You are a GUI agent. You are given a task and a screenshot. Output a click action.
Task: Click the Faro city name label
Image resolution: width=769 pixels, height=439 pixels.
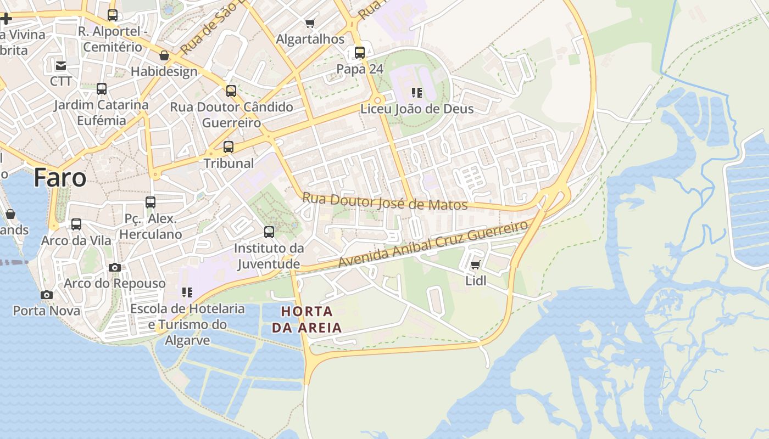coord(60,178)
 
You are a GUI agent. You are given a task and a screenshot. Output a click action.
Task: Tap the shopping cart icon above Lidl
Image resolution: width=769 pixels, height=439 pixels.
coord(476,264)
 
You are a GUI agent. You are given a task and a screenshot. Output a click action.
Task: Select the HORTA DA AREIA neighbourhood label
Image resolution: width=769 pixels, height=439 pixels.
coord(307,319)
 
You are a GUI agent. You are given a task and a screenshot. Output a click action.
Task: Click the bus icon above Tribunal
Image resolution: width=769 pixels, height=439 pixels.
coord(229,147)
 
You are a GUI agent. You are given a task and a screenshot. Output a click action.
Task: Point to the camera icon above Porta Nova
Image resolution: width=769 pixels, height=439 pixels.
coord(47,295)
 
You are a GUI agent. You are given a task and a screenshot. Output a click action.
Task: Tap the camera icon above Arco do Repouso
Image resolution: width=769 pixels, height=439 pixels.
coord(115,267)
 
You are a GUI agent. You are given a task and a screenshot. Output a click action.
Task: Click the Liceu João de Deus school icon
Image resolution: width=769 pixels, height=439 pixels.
coord(417,92)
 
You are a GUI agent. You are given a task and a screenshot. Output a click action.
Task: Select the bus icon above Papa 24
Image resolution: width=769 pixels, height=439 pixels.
coord(360,53)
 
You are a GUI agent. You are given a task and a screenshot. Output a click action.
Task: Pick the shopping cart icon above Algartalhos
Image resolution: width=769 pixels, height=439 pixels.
coord(310,23)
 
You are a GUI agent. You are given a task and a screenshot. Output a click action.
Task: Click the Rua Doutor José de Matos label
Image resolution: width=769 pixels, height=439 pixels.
coord(384,201)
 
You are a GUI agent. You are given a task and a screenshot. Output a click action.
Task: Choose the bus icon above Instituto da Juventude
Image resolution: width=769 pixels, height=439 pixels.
coord(269,232)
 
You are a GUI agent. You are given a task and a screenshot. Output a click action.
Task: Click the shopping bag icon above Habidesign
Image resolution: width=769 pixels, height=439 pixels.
coord(164,55)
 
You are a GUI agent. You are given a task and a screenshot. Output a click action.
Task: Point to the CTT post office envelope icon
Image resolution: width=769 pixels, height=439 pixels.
coord(60,66)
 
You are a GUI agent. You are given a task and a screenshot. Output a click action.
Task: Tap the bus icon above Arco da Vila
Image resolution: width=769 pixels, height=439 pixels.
coord(76,224)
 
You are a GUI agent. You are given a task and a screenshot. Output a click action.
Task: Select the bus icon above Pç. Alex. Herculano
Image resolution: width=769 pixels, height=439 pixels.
coord(151,202)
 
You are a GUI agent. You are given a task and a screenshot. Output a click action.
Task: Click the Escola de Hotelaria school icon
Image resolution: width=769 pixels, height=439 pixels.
coord(187,292)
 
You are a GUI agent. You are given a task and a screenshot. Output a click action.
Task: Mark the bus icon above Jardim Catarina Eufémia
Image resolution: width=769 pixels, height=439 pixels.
coord(102,88)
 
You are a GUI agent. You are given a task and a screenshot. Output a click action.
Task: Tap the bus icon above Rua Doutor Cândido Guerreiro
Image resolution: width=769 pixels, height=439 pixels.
coord(231,91)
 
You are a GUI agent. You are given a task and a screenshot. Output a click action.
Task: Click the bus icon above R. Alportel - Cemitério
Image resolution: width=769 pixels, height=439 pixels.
coord(113,15)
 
